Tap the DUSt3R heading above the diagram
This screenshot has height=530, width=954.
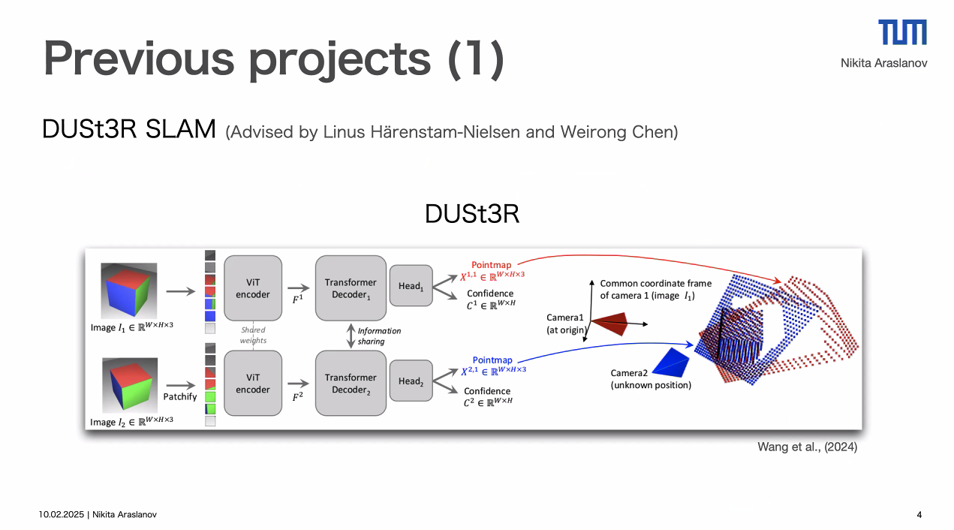click(471, 214)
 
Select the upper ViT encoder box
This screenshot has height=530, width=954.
click(253, 289)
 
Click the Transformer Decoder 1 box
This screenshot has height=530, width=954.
click(351, 288)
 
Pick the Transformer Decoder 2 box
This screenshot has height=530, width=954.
click(351, 383)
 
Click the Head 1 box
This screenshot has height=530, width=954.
click(411, 286)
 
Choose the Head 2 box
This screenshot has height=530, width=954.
click(411, 381)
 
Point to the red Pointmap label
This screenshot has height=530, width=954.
click(492, 265)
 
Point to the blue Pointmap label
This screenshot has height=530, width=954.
click(492, 360)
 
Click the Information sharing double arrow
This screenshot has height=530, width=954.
click(351, 336)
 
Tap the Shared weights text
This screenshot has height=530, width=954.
click(253, 335)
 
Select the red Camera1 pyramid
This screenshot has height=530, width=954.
click(609, 324)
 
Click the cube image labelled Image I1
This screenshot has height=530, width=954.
click(129, 291)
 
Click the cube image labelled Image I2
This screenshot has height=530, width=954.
click(129, 385)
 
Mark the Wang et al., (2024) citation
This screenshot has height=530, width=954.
click(807, 447)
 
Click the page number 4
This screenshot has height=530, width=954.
click(919, 514)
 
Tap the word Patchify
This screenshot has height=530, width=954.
click(180, 396)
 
